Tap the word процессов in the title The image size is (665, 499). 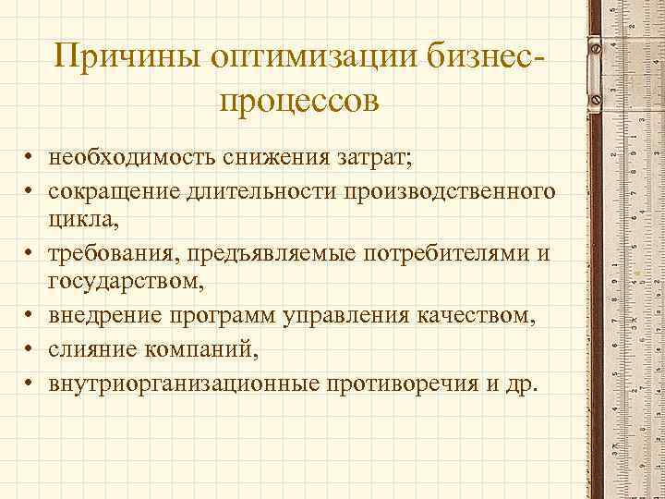point(299,100)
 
